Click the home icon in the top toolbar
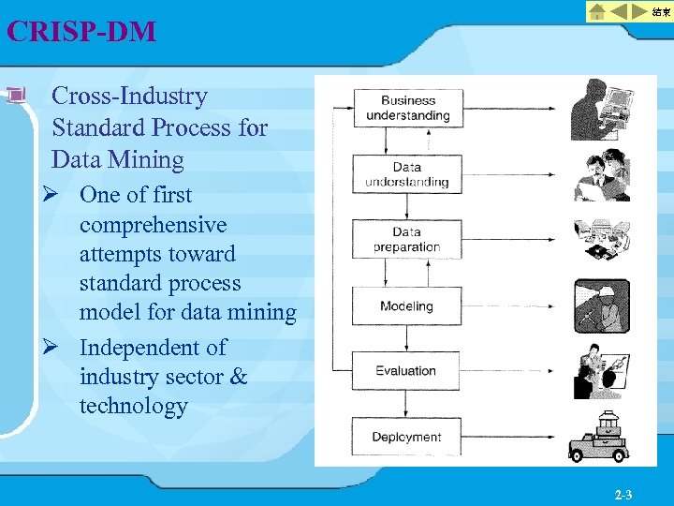[595, 12]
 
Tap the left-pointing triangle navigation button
[621, 12]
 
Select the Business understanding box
[407, 108]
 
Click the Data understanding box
[407, 173]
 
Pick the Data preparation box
[407, 239]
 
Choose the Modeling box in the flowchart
[407, 305]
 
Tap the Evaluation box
[407, 370]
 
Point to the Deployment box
[407, 437]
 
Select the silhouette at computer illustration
[600, 108]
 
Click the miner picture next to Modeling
[601, 305]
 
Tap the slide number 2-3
[623, 494]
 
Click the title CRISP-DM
[81, 32]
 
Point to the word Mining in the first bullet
[144, 159]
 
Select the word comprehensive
[153, 225]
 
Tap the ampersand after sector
[239, 377]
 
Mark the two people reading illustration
[601, 174]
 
